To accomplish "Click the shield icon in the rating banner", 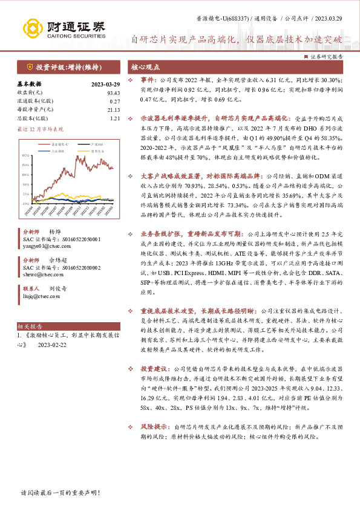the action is coord(29,67).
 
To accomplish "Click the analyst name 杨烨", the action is coord(55,232).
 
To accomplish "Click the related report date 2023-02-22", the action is coord(52,345).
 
